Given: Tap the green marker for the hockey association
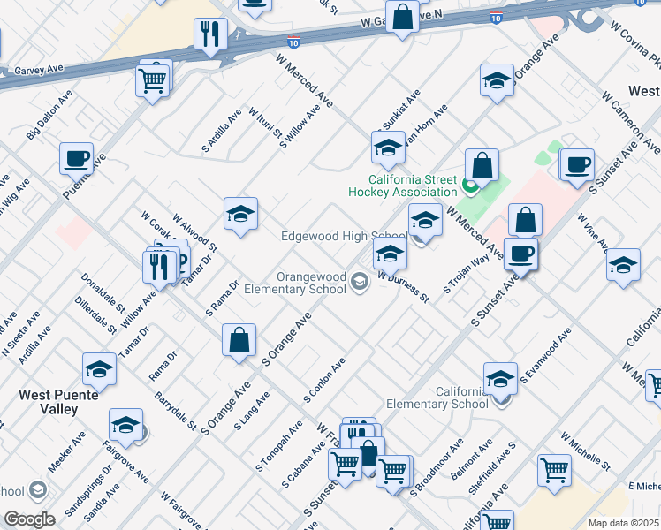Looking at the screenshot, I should click(x=470, y=186).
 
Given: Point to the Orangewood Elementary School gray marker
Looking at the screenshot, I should click(x=359, y=282).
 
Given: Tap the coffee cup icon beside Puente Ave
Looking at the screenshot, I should click(x=77, y=159).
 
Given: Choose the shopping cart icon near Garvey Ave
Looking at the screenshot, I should click(x=154, y=80).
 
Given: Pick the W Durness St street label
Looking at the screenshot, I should click(x=403, y=288).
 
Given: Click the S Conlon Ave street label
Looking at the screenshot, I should click(x=323, y=381).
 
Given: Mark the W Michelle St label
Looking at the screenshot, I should click(x=585, y=450).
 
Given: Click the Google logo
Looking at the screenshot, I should click(x=30, y=519).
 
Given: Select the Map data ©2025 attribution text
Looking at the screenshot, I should click(x=624, y=523).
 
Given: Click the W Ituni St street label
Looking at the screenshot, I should click(x=264, y=125).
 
